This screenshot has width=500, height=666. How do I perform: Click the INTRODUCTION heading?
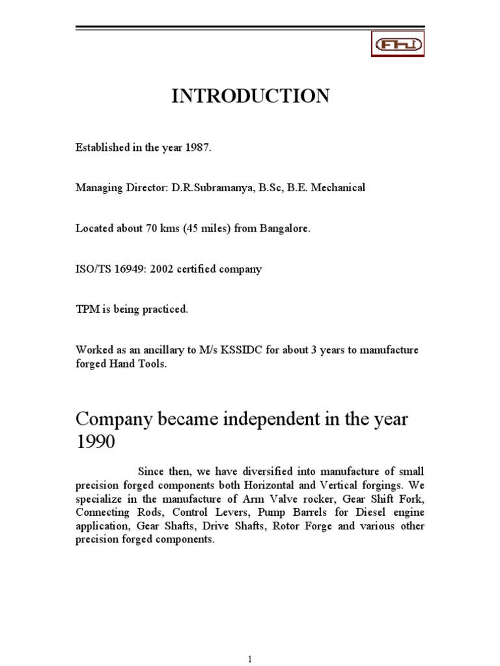(250, 96)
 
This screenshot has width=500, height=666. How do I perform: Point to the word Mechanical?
(340, 188)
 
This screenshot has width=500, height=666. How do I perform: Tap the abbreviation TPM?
(86, 310)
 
